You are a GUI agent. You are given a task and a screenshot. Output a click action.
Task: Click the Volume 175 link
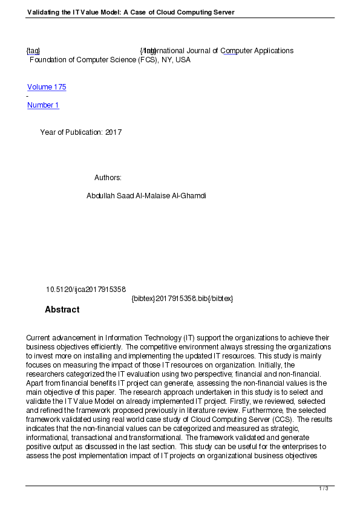(47, 87)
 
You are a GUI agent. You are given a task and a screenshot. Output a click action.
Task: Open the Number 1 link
(43, 105)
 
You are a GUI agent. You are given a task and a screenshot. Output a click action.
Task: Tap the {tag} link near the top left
(33, 51)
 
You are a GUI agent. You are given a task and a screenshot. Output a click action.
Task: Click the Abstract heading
(62, 310)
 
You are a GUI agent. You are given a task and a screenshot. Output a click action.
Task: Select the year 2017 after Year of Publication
(113, 132)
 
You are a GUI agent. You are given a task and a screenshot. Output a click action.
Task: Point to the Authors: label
(108, 178)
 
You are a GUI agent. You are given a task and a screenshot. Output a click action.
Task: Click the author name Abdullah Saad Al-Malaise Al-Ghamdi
(146, 196)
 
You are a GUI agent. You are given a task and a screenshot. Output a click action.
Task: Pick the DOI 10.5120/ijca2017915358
(85, 290)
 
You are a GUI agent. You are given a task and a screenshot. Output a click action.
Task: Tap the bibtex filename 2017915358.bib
(183, 299)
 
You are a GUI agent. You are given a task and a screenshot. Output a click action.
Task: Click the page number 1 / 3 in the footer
(324, 488)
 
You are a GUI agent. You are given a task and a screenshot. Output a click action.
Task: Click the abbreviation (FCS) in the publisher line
(148, 60)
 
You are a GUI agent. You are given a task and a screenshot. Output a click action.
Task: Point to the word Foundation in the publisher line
(48, 60)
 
